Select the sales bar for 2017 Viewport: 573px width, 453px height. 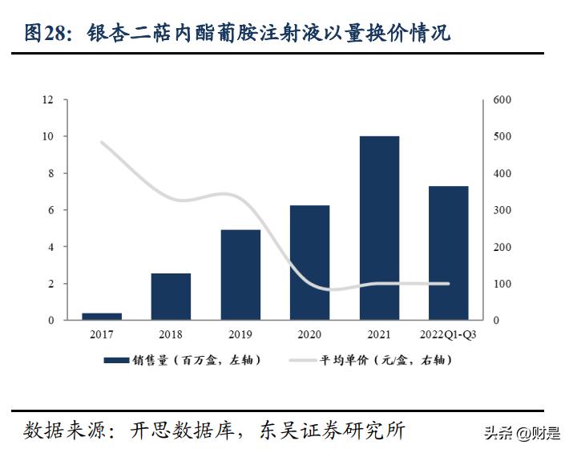coord(102,316)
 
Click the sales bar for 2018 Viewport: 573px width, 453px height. coord(171,297)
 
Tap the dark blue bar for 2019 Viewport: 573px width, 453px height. coord(240,275)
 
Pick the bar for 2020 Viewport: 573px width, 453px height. coord(309,263)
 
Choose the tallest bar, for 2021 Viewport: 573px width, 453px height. coord(379,229)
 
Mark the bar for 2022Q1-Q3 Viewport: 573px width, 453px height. coord(448,253)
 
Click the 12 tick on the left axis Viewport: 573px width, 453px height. coord(49,100)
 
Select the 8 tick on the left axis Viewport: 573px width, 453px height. coord(51,173)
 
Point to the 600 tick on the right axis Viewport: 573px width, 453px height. coord(502,100)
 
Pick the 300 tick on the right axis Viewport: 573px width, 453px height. coord(502,210)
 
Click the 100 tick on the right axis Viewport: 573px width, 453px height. coord(502,284)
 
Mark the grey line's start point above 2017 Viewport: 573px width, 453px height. coord(102,143)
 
